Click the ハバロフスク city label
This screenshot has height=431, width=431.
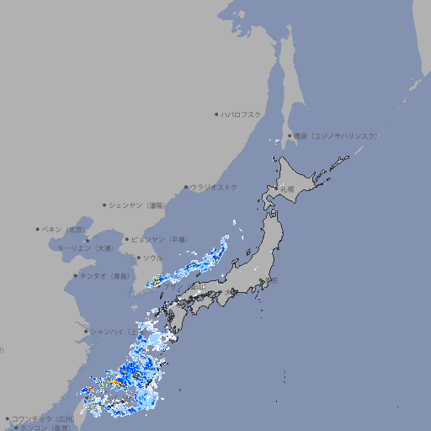[x=242, y=114]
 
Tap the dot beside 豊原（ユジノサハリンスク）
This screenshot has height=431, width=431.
[x=289, y=136]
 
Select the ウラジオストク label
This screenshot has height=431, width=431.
[x=215, y=187]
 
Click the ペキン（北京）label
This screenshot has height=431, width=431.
[x=64, y=229]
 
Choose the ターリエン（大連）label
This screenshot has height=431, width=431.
[x=85, y=248]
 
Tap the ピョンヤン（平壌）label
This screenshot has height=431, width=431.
[x=160, y=239]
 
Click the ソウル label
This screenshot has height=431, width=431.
[x=152, y=258]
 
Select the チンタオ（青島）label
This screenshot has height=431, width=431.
[x=104, y=275]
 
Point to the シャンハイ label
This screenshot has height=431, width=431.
[x=108, y=332]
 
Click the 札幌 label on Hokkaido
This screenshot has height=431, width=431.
[x=287, y=189]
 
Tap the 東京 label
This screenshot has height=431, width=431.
[x=271, y=282]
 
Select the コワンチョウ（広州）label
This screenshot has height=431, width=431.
[x=43, y=418]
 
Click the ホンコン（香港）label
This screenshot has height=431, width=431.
[x=45, y=428]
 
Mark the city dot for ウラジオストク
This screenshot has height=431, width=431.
[x=186, y=187]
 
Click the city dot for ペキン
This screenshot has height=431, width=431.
[x=38, y=229]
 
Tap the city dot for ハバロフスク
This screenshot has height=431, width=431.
[x=216, y=114]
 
